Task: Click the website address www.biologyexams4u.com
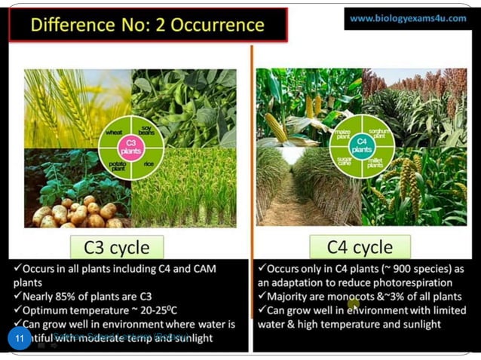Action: (408, 18)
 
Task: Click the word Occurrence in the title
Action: (218, 25)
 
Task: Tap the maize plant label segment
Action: (345, 132)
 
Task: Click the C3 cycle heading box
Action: (121, 246)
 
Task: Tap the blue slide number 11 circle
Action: (20, 339)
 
